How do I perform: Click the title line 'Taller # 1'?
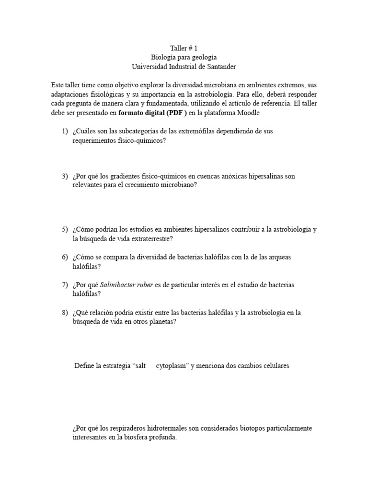pos(184,48)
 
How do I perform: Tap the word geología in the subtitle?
pos(197,58)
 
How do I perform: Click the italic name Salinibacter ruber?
pos(127,285)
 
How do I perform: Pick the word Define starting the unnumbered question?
pos(84,366)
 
